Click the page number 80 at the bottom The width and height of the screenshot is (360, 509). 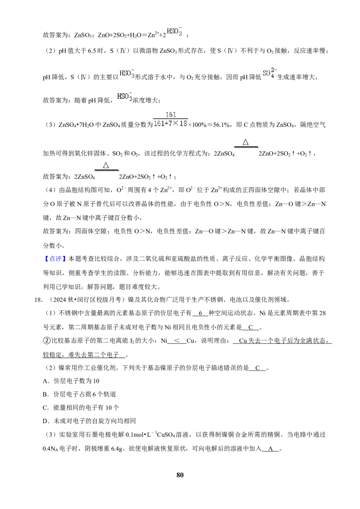tap(180, 475)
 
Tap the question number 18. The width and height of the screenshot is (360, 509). tap(38, 299)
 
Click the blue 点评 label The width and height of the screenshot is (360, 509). tap(55, 259)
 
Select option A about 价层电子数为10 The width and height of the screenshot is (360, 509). tap(71, 381)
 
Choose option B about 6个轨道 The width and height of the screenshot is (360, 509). tap(79, 394)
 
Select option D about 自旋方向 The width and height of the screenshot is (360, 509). tap(90, 421)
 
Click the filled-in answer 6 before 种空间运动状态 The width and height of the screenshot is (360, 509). tap(200, 313)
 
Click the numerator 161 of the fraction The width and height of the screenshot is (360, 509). tap(171, 115)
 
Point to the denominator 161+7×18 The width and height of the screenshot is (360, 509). tap(171, 124)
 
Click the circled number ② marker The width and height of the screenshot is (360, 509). tap(46, 340)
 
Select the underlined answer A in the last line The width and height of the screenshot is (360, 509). tap(270, 449)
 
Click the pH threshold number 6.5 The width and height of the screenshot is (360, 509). tap(92, 51)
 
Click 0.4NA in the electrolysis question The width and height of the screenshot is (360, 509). tap(50, 449)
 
